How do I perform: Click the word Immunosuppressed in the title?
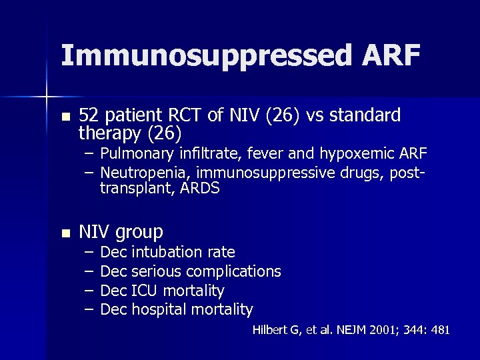pos(203,57)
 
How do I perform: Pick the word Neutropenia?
pos(143,173)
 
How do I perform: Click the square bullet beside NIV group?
pos(65,233)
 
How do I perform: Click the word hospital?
pos(159,310)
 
